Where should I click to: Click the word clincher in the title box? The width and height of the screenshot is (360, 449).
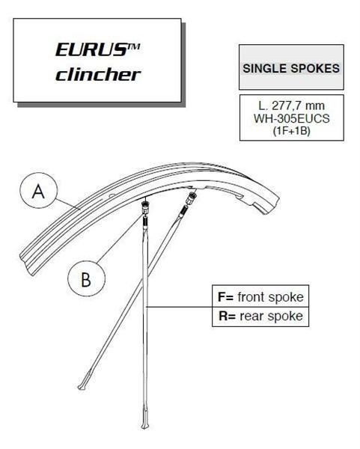coord(98,74)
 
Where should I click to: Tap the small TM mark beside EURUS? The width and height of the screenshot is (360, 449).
coord(133,46)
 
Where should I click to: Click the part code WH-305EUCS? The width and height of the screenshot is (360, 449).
coord(292,118)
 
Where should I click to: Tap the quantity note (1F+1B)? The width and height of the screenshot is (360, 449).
coord(292,130)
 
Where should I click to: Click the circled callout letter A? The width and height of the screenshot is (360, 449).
coord(38,192)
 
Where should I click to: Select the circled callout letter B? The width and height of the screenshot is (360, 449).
coord(86,278)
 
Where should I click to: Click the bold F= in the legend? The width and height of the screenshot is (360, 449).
coord(226,296)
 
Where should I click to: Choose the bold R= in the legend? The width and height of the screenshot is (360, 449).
coord(227,316)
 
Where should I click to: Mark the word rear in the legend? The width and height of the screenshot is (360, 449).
coord(251,316)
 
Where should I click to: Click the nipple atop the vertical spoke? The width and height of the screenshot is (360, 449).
coord(146,207)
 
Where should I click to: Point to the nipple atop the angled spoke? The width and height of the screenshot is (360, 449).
coord(191,198)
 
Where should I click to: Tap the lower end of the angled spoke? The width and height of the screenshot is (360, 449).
coord(80,388)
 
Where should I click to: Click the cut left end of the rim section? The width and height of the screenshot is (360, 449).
coord(26,263)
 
